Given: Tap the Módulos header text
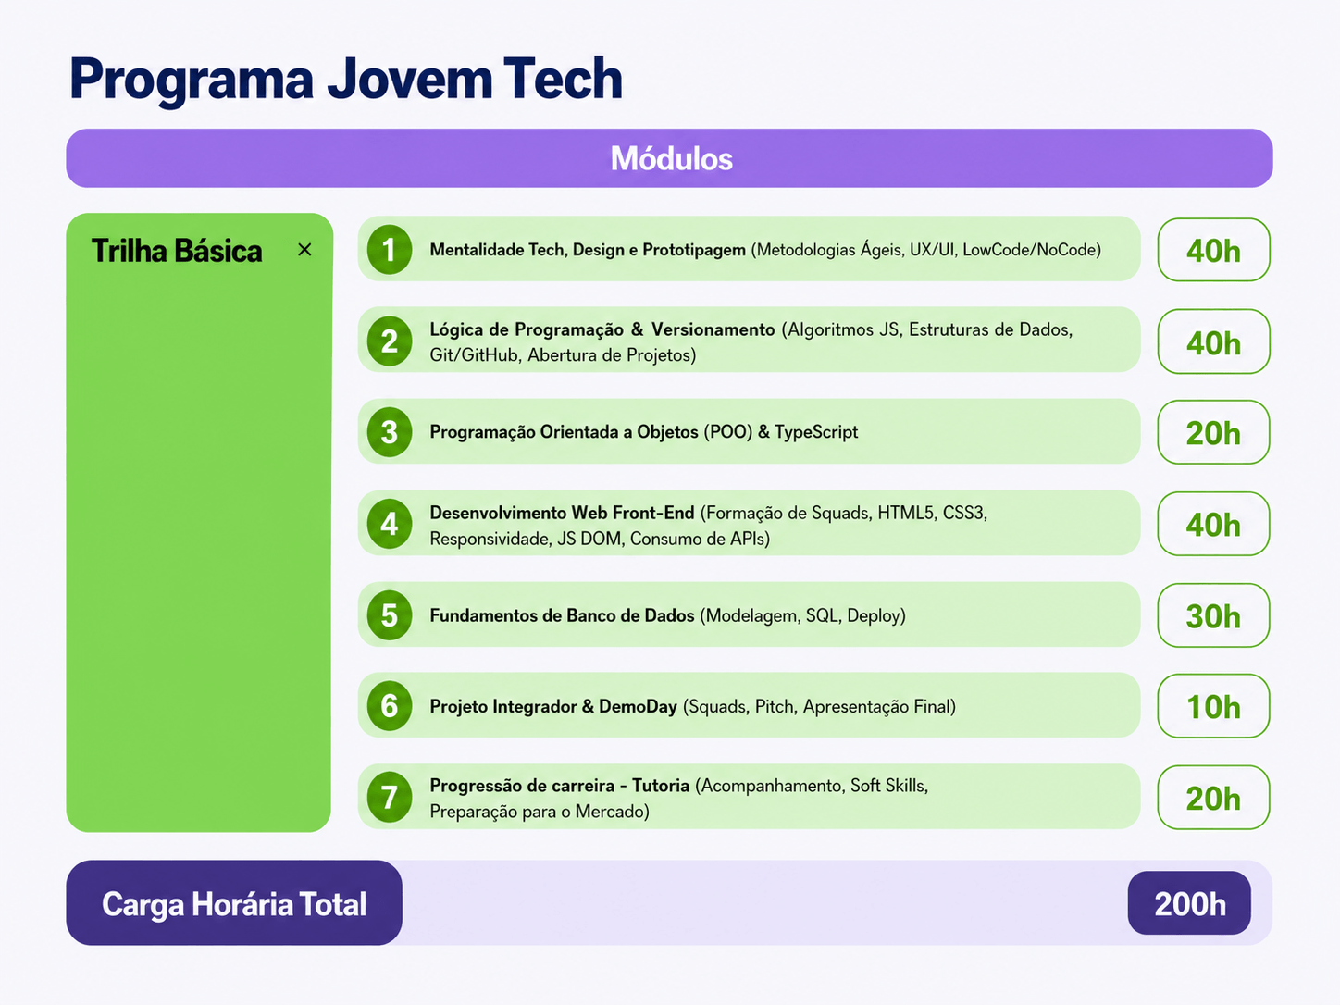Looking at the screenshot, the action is click(671, 158).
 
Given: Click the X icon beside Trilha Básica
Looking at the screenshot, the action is click(304, 250).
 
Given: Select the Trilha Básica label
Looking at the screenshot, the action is click(177, 251).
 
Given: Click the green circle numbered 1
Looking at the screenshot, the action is click(389, 250).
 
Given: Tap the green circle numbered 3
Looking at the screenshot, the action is click(389, 432).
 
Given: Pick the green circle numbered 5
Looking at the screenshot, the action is click(389, 615).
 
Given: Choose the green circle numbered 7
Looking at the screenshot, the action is click(389, 797).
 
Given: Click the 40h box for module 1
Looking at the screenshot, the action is click(1213, 250).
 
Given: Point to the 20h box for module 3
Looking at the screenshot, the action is click(1213, 433).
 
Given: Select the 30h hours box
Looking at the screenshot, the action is click(1213, 615).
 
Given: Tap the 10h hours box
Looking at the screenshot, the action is click(1213, 707).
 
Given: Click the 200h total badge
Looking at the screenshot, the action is click(1189, 903).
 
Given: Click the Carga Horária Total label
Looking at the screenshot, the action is click(234, 904).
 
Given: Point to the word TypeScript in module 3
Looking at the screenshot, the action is click(816, 433).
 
